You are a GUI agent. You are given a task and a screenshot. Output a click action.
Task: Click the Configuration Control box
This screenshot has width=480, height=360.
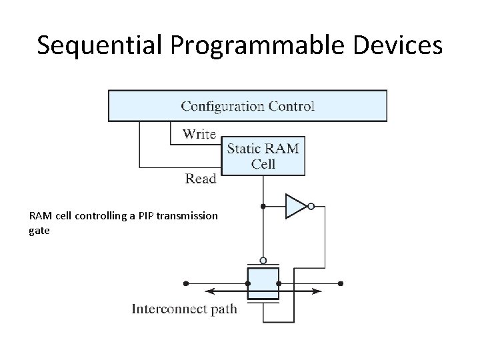[247, 105]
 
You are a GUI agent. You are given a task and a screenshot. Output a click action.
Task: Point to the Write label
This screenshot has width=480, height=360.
[199, 134]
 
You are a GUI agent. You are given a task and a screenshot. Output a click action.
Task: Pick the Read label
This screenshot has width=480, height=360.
[201, 178]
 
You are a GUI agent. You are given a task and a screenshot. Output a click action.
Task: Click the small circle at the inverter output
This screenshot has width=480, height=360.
[311, 207]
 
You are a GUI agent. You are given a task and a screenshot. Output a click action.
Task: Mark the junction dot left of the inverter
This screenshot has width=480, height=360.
[263, 207]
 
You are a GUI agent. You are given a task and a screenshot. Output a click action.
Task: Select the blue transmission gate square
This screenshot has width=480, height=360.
[263, 283]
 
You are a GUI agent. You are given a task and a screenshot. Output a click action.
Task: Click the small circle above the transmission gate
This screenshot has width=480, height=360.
[263, 260]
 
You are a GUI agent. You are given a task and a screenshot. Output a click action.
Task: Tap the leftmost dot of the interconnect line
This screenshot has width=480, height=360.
[185, 283]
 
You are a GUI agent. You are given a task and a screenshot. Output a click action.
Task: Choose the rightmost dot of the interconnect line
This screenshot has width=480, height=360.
[341, 283]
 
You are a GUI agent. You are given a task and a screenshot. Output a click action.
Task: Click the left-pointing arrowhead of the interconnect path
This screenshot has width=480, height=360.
[208, 291]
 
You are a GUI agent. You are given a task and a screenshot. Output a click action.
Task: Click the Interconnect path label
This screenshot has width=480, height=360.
[184, 309]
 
